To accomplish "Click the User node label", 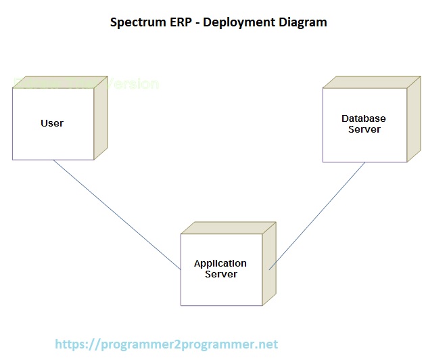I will (52, 123).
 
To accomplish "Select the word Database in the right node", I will (364, 119).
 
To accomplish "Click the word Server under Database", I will (364, 129).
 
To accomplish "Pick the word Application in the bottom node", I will (220, 263).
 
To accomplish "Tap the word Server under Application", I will (220, 274).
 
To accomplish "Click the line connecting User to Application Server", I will (115, 213).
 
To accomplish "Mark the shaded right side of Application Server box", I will (269, 263).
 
